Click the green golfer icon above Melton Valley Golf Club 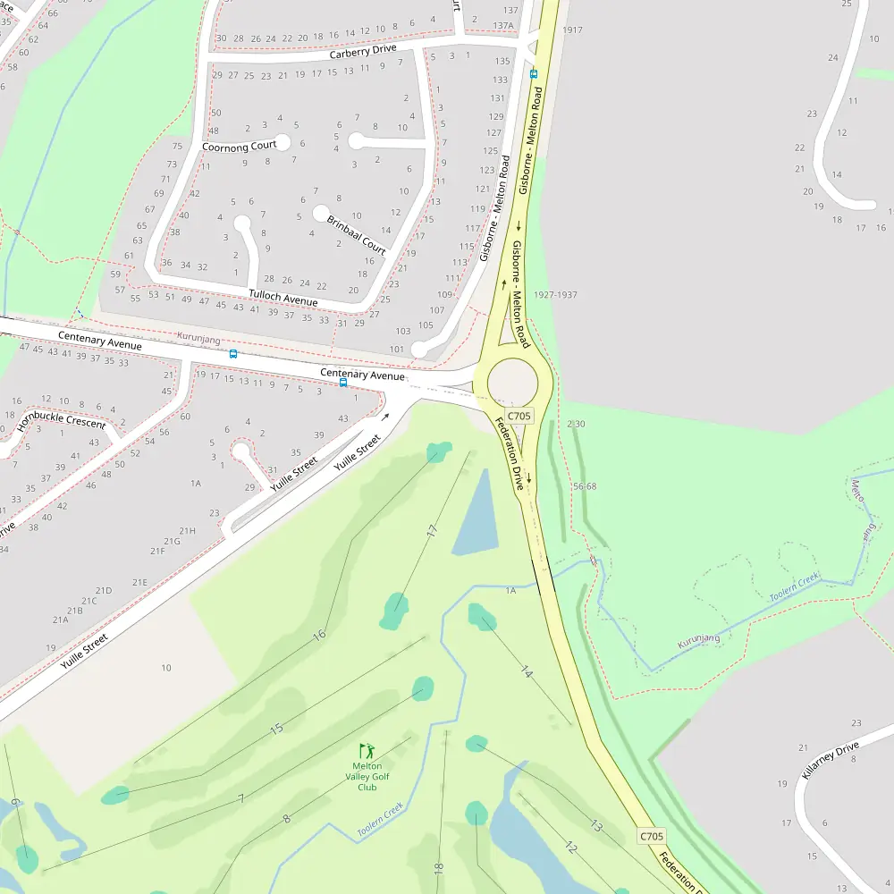[x=367, y=751]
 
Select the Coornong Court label [x=239, y=146]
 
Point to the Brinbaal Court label [x=356, y=235]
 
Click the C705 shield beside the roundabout [x=519, y=416]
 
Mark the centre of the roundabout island [x=512, y=384]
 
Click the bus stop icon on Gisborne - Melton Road [x=534, y=73]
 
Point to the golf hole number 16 [x=318, y=635]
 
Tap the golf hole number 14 [x=526, y=672]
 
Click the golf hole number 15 [x=277, y=729]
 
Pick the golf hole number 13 [x=596, y=825]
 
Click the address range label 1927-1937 [x=555, y=295]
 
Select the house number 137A [x=503, y=26]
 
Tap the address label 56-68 [x=585, y=486]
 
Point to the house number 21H [x=186, y=531]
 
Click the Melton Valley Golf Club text [x=367, y=776]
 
